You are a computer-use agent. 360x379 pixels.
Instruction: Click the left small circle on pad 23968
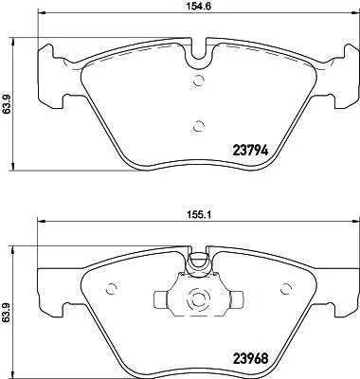112,291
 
